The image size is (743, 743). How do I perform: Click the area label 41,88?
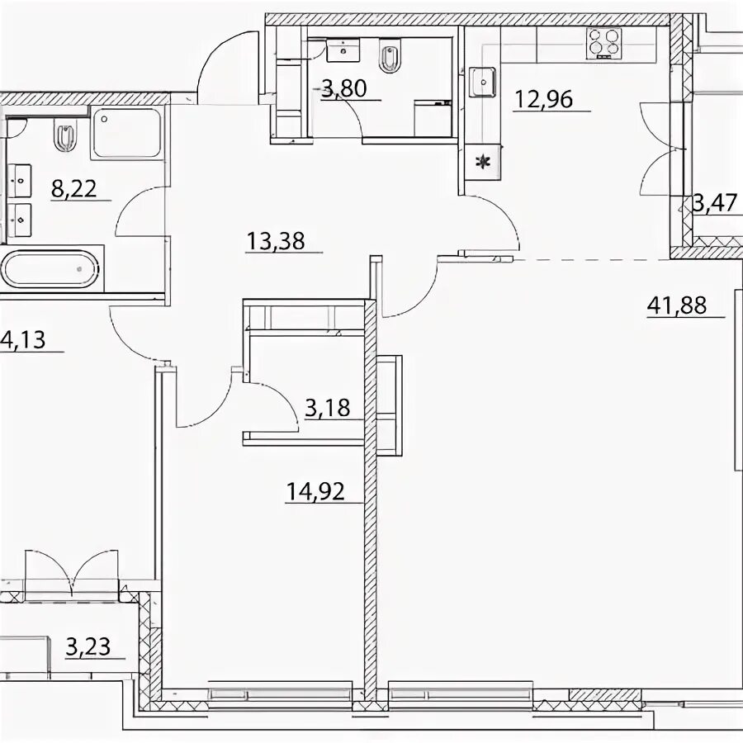click(677, 305)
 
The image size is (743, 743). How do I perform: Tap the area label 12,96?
click(543, 100)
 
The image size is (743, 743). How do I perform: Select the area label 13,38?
click(276, 241)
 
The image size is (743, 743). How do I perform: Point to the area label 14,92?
click(315, 491)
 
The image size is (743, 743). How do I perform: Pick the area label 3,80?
click(344, 88)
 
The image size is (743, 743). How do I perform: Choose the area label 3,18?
click(328, 408)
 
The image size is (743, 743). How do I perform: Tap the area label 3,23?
click(88, 646)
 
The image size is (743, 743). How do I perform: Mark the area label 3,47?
click(717, 203)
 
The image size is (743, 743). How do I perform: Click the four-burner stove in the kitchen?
click(603, 43)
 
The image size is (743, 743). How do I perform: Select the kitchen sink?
click(483, 82)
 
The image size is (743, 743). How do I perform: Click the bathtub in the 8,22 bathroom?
click(50, 269)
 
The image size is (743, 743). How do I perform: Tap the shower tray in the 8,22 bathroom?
click(126, 133)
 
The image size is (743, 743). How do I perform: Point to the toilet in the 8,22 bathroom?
click(65, 136)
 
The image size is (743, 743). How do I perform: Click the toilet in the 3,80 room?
click(390, 57)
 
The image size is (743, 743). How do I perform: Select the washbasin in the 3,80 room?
click(343, 50)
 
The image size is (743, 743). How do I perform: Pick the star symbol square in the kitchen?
click(482, 162)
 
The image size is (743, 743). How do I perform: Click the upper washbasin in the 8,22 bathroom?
click(20, 180)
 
